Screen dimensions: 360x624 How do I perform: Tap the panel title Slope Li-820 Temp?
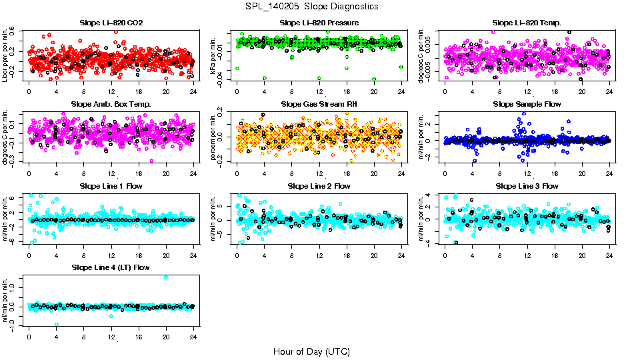coord(527,23)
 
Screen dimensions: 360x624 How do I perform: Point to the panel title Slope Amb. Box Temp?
coord(111,104)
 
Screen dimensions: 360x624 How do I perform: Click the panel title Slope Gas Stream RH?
coord(319,104)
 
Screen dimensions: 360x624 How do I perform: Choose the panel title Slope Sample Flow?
coord(527,104)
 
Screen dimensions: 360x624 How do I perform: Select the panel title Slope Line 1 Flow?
coord(111,186)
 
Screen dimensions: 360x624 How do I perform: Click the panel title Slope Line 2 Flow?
coord(319,186)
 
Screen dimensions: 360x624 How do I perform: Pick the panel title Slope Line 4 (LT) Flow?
coord(111,267)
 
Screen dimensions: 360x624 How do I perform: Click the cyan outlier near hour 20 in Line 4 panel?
coord(165,277)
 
